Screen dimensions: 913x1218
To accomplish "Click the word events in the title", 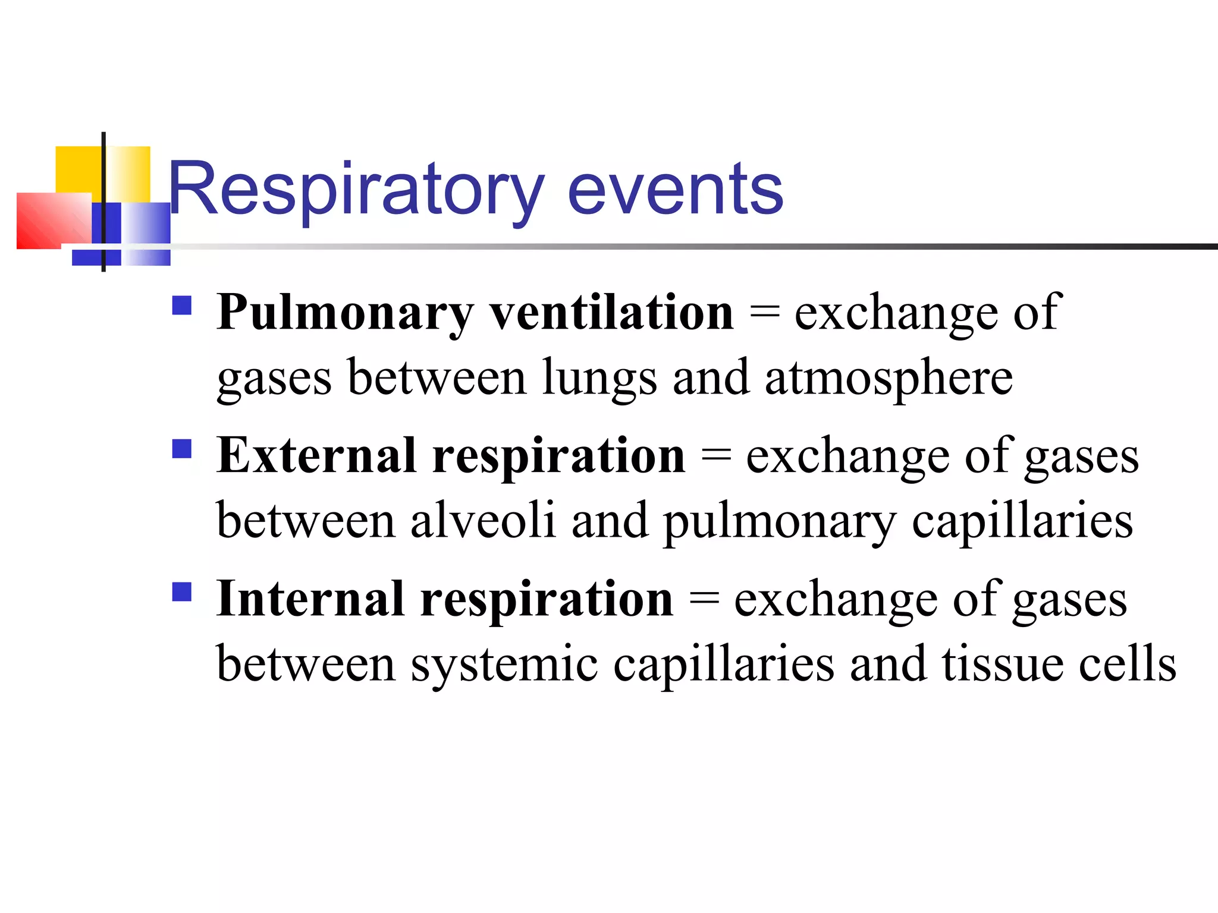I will pos(675,190).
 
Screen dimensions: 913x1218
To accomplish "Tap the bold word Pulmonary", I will pos(345,313).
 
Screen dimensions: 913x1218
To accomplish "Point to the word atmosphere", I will pos(889,378).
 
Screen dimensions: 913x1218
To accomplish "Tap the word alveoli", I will pos(483,521).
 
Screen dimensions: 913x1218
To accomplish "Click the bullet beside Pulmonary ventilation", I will pos(182,306).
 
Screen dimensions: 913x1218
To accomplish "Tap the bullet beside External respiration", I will pos(182,449).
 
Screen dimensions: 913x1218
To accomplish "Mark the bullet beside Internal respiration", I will pos(182,592).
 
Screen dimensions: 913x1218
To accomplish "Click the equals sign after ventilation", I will pos(764,313).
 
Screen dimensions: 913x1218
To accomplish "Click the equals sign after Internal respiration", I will pos(704,599).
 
